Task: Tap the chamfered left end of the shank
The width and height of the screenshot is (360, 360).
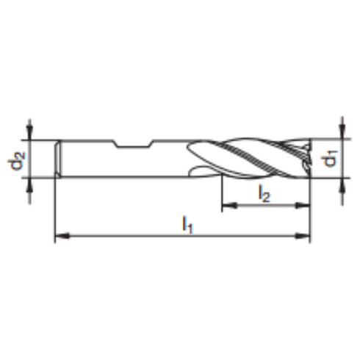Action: click(x=60, y=157)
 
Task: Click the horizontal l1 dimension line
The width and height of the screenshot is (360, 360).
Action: click(x=147, y=237)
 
